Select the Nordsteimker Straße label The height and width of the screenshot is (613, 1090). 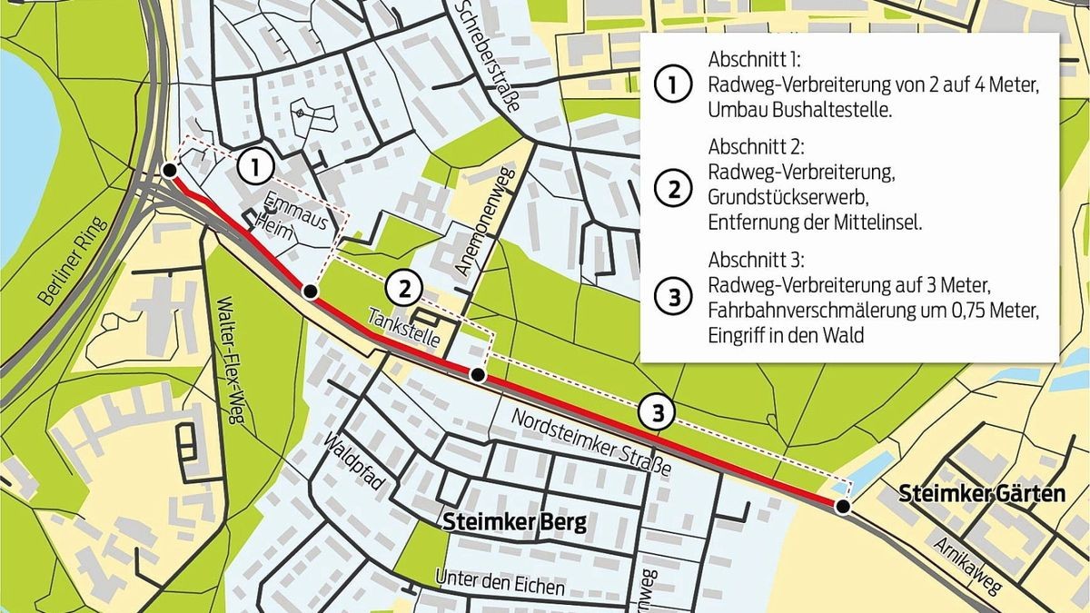(591, 443)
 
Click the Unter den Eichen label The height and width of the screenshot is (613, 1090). (500, 582)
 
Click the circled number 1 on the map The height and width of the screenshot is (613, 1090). (257, 168)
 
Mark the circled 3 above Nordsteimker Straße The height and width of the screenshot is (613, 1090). (657, 412)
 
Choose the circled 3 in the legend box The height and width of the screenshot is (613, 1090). (672, 296)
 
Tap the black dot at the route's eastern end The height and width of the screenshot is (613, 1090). (843, 507)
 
